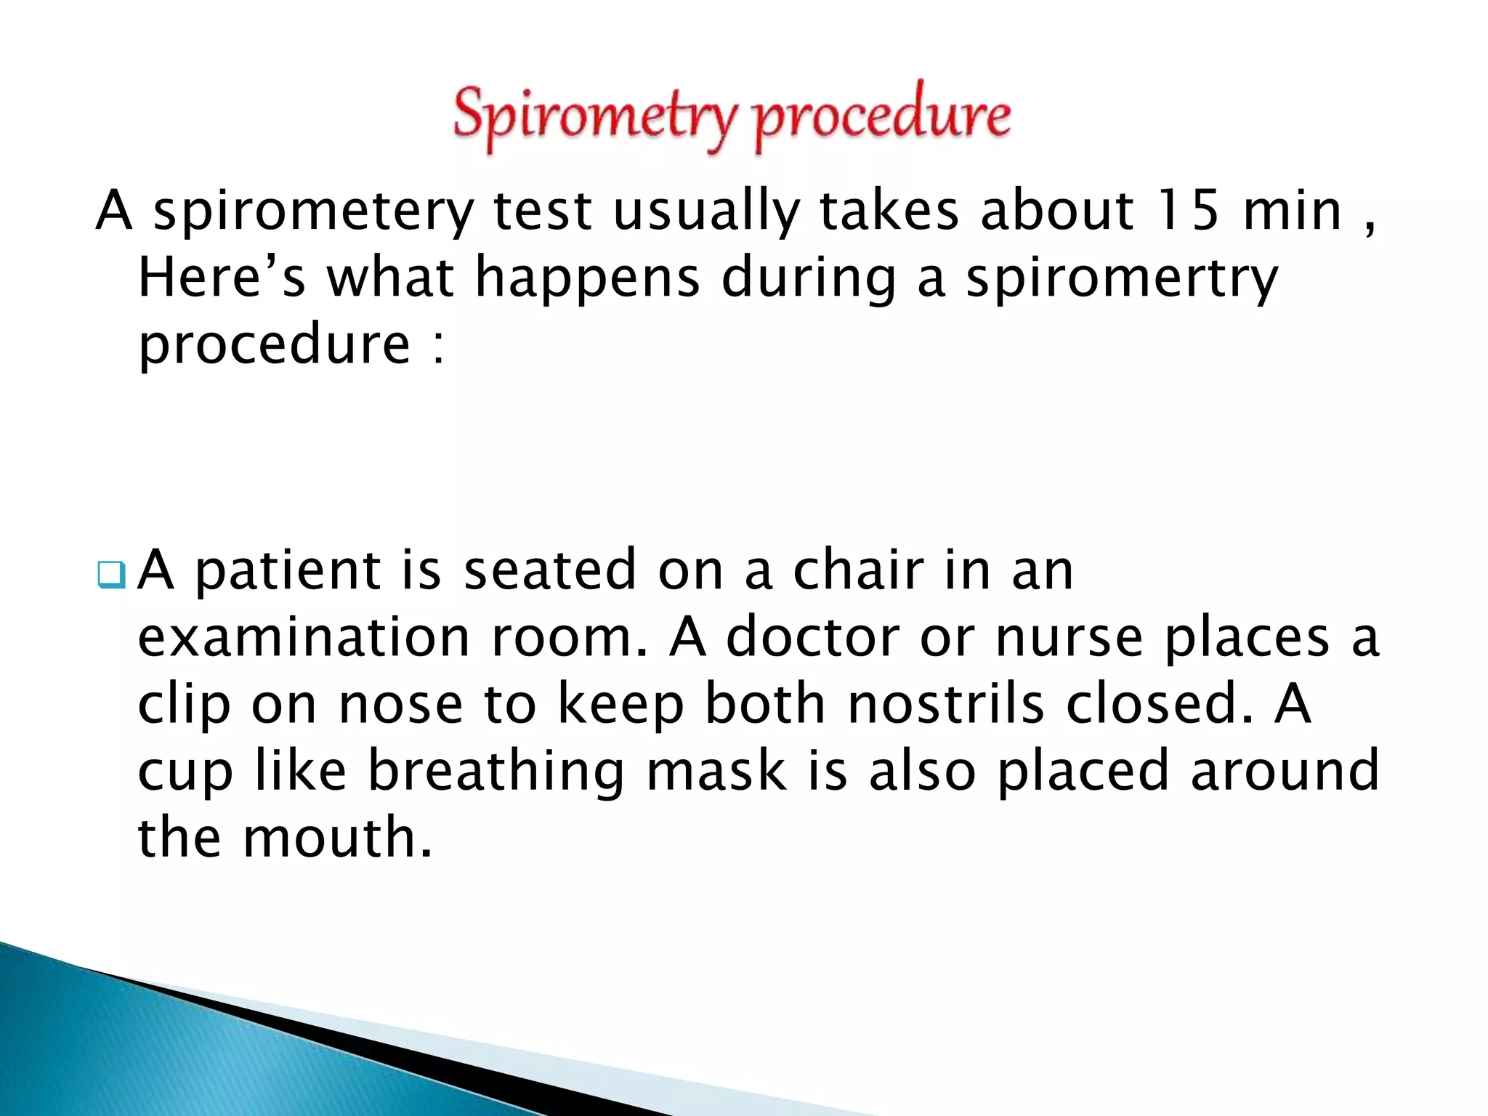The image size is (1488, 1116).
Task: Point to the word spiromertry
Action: click(1121, 279)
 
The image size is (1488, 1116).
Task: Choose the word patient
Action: click(287, 571)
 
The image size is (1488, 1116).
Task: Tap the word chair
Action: click(857, 570)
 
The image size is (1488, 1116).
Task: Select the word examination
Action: click(304, 637)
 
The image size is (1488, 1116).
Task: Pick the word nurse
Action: click(1069, 637)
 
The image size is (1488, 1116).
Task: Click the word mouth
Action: click(337, 838)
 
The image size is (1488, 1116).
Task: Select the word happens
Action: click(587, 280)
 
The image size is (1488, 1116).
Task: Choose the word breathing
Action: click(496, 772)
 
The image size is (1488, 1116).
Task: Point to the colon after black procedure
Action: click(438, 347)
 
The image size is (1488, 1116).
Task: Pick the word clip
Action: click(183, 705)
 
